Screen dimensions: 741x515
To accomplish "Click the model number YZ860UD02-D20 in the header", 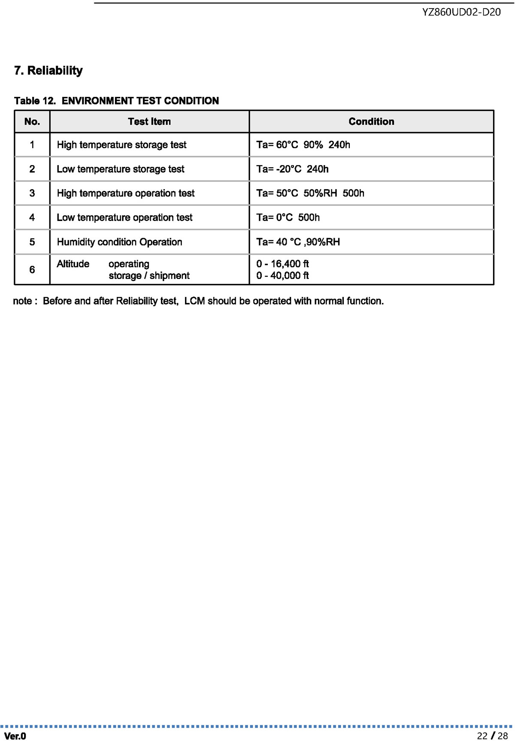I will point(461,12).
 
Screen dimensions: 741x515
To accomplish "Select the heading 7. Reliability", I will point(48,70).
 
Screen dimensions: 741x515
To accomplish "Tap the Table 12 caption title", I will point(116,101).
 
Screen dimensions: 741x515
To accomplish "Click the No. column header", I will point(32,121).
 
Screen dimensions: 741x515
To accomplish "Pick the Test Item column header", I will point(149,121).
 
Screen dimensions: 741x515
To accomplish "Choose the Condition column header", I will point(371,121).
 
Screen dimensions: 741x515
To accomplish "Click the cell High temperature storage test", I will point(121,145).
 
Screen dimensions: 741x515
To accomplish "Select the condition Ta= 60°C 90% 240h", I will point(303,145).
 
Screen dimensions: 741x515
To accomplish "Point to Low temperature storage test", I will point(120,169).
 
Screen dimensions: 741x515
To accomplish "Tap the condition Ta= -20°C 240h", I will point(292,169).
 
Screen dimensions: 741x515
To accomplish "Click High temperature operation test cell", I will point(125,194).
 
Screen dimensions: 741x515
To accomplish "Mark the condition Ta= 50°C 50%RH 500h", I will point(310,194).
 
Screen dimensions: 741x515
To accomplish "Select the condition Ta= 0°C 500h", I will point(288,218).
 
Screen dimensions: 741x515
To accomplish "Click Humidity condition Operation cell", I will point(119,242).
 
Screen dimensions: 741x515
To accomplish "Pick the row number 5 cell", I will point(32,242).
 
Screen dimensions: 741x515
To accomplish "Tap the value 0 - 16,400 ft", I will point(282,264).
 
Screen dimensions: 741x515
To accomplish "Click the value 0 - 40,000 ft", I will point(282,275).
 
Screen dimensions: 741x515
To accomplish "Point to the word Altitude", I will point(73,264).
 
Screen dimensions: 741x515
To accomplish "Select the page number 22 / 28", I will point(492,736).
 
